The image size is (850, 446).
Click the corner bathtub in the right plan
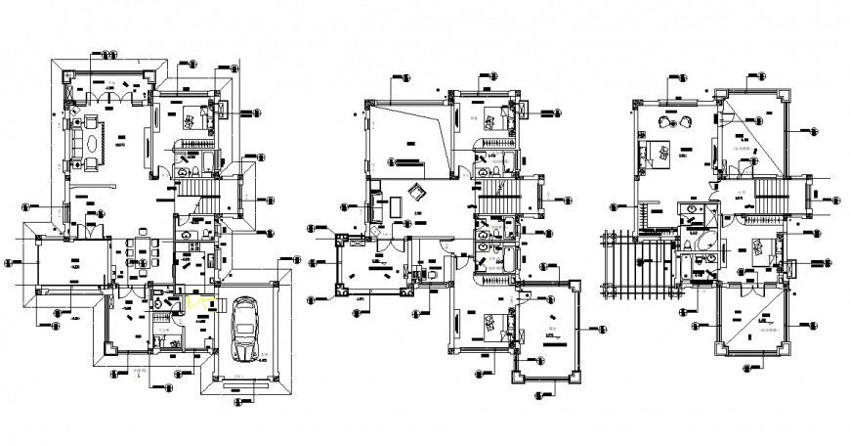[704, 244]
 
